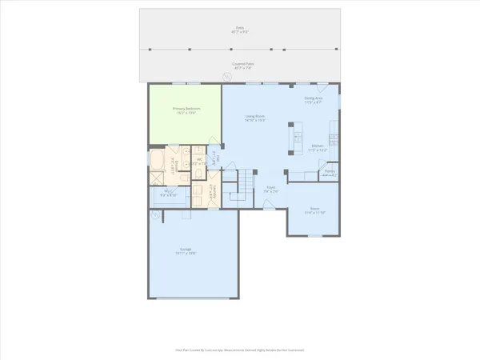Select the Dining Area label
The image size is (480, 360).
pyautogui.click(x=313, y=101)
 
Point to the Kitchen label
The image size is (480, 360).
pyautogui.click(x=319, y=148)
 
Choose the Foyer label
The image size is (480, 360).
pyautogui.click(x=271, y=190)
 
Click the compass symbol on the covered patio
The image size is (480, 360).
pyautogui.click(x=226, y=77)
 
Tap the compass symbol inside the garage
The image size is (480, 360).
pyautogui.click(x=154, y=216)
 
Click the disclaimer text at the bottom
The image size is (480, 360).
pyautogui.click(x=240, y=350)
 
